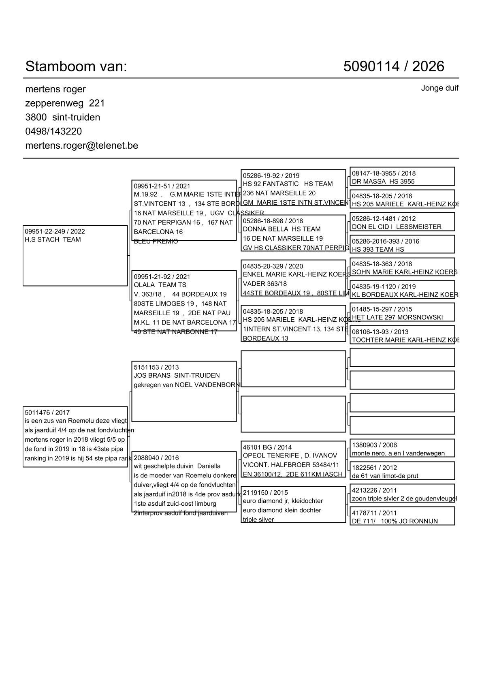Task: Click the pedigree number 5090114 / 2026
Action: [393, 66]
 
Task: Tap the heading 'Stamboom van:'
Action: [76, 66]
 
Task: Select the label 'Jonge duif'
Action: [439, 88]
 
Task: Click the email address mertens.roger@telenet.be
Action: [81, 145]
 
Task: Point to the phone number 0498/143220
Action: [53, 131]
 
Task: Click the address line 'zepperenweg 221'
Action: [65, 103]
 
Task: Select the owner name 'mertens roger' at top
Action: [55, 89]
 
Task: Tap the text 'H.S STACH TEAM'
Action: [53, 239]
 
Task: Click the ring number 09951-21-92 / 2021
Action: [162, 277]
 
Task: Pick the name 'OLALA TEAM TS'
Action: [160, 285]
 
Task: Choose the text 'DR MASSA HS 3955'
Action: [383, 182]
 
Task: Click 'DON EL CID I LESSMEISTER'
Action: [397, 227]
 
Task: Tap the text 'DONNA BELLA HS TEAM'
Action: [282, 229]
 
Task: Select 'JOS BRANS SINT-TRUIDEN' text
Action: [177, 375]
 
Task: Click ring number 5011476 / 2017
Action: [47, 413]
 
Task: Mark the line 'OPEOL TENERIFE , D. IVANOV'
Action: [290, 455]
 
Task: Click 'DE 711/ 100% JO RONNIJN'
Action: [395, 521]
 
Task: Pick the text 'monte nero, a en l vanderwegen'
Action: [398, 453]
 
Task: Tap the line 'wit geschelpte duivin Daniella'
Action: [177, 466]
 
